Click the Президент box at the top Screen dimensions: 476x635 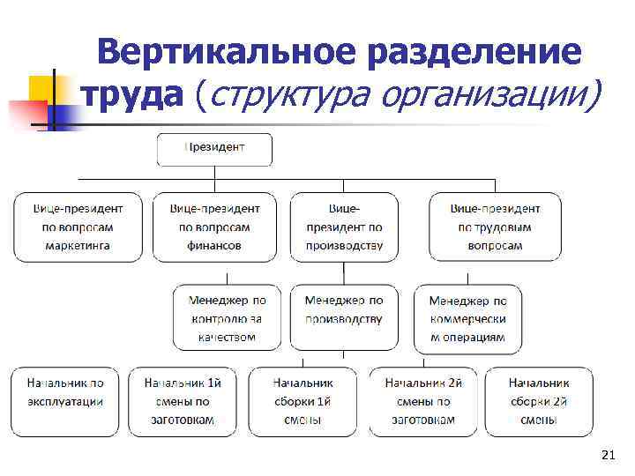[x=214, y=148]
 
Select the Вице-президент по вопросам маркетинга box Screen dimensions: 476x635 [x=78, y=227]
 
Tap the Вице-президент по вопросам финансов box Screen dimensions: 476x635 [x=214, y=227]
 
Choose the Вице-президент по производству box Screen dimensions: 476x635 [x=344, y=227]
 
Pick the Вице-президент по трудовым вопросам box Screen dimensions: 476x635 [x=495, y=227]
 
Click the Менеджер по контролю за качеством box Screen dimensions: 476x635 [x=227, y=318]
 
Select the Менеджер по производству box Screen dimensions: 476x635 [x=344, y=318]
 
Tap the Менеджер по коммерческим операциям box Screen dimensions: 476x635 [x=467, y=318]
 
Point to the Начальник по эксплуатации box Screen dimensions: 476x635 [x=65, y=401]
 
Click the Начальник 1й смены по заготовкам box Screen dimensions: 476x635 [x=182, y=401]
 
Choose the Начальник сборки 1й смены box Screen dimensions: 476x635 [x=303, y=401]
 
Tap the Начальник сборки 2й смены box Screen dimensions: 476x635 [x=539, y=401]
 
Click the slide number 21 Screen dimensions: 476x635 [x=606, y=455]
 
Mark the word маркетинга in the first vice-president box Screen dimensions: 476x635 [x=78, y=246]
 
